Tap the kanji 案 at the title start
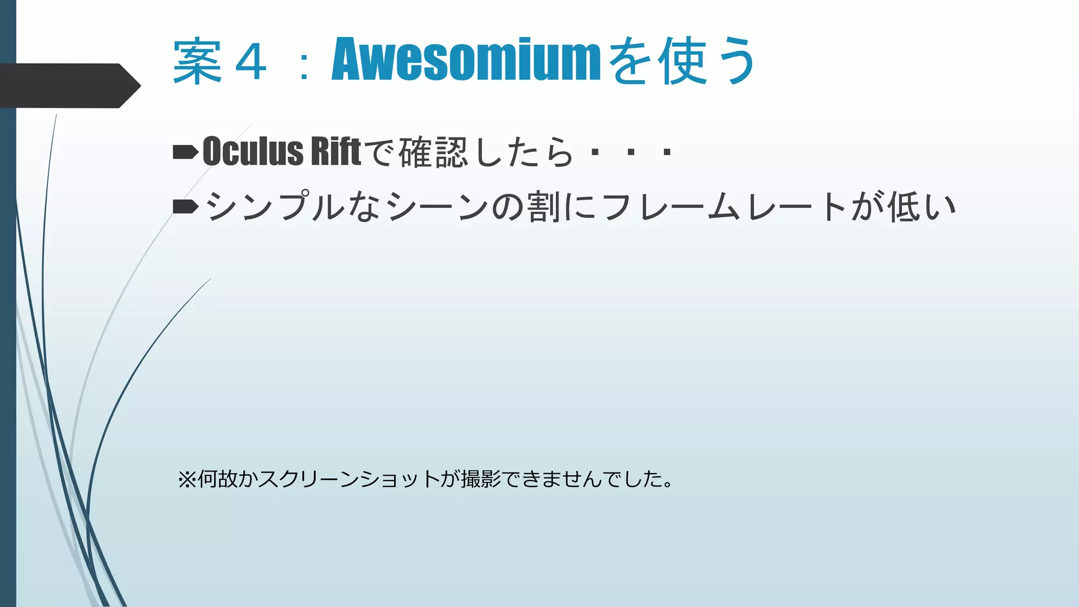(197, 61)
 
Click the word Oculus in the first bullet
(253, 152)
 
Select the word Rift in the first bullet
(336, 152)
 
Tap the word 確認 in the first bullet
(433, 153)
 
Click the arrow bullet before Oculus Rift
(185, 152)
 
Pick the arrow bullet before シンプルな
(185, 207)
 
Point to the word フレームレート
(724, 207)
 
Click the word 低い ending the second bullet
(922, 207)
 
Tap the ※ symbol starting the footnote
(187, 479)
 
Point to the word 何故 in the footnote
(217, 479)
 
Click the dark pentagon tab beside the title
(68, 85)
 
